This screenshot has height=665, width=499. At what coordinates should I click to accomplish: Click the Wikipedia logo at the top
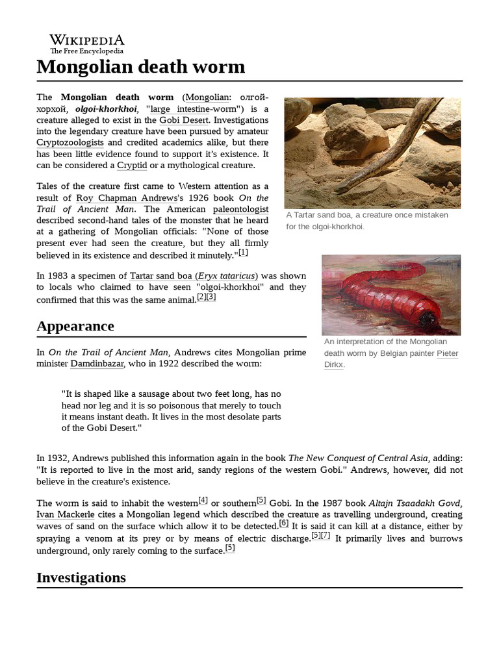pyautogui.click(x=87, y=43)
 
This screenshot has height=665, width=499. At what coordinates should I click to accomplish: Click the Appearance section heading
pyautogui.click(x=75, y=326)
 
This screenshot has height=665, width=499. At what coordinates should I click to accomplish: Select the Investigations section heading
pyautogui.click(x=81, y=577)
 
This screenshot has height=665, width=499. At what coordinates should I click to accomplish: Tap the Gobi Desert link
pyautogui.click(x=185, y=120)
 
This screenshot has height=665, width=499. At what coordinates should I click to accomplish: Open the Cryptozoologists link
pyautogui.click(x=70, y=142)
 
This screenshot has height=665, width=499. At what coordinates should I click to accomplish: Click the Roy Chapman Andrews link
pyautogui.click(x=117, y=197)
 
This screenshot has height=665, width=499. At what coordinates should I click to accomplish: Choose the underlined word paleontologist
pyautogui.click(x=240, y=209)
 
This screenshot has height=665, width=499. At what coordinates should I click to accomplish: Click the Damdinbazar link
pyautogui.click(x=97, y=364)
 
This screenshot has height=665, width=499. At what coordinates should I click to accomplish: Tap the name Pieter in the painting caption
pyautogui.click(x=447, y=353)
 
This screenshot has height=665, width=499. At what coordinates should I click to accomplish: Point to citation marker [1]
pyautogui.click(x=243, y=253)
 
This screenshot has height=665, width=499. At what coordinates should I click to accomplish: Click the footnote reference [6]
pyautogui.click(x=283, y=523)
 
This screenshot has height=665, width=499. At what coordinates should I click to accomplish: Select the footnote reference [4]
pyautogui.click(x=203, y=500)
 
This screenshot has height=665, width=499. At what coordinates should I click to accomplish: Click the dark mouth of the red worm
pyautogui.click(x=428, y=319)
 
